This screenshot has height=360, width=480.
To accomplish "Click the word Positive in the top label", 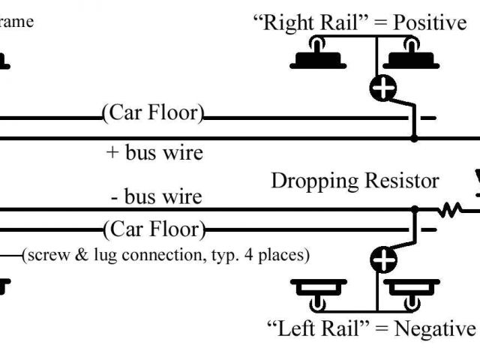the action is pos(430,22).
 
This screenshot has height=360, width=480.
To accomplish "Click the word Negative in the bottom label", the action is pos(435,328).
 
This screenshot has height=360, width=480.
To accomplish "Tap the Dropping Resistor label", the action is pos(355,181).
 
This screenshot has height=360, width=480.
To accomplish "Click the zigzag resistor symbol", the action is pos(450,210).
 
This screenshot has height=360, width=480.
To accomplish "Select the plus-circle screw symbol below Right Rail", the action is pos(383,88).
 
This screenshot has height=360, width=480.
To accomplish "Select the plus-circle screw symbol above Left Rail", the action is pos(383,259).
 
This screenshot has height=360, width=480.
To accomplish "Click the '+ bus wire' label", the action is pos(154,152).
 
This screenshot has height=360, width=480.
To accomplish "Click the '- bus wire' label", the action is pos(156,196).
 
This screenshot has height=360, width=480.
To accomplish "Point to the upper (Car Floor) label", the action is pos(153,113).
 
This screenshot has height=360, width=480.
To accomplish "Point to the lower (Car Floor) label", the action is pos(154,229).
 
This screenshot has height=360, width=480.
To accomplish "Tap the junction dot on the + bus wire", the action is pos(414,138).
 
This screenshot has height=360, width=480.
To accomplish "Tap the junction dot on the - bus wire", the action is pos(415,210).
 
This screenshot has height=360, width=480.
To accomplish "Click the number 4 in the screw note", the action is pos(249,255).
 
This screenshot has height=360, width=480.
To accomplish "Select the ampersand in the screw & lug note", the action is pos(82,255).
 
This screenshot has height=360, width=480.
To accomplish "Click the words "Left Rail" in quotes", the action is pos(318,328).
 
